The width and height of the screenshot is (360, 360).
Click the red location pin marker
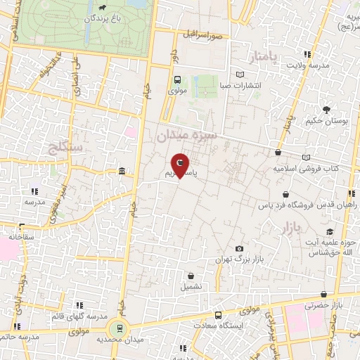click(x=180, y=165)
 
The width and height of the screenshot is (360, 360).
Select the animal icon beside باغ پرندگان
click(x=103, y=8)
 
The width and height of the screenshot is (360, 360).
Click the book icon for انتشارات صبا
click(x=240, y=75)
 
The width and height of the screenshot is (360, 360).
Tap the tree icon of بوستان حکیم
click(x=327, y=109)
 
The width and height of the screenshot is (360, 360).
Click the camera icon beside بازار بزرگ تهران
click(x=240, y=249)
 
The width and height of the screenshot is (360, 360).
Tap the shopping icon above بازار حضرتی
click(x=323, y=295)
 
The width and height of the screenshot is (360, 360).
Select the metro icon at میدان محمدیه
click(x=120, y=326)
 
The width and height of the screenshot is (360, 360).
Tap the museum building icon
click(x=122, y=172)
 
